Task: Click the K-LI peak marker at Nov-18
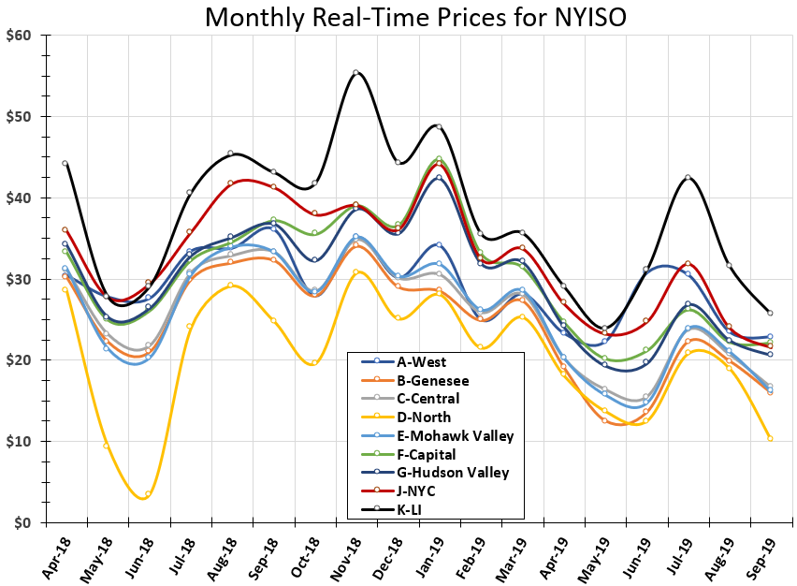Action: [x=355, y=72]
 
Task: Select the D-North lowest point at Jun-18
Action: [x=148, y=493]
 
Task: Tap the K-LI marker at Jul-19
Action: [x=688, y=177]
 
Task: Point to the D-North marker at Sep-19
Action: [x=770, y=438]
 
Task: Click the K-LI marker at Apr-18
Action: [x=65, y=163]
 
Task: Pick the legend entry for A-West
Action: [x=421, y=361]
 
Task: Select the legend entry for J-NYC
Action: [x=417, y=491]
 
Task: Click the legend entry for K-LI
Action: [x=413, y=508]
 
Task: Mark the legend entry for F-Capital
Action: [x=427, y=454]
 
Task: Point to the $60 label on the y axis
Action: [x=18, y=36]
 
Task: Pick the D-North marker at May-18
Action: [x=106, y=445]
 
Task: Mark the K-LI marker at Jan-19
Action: [x=439, y=126]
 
